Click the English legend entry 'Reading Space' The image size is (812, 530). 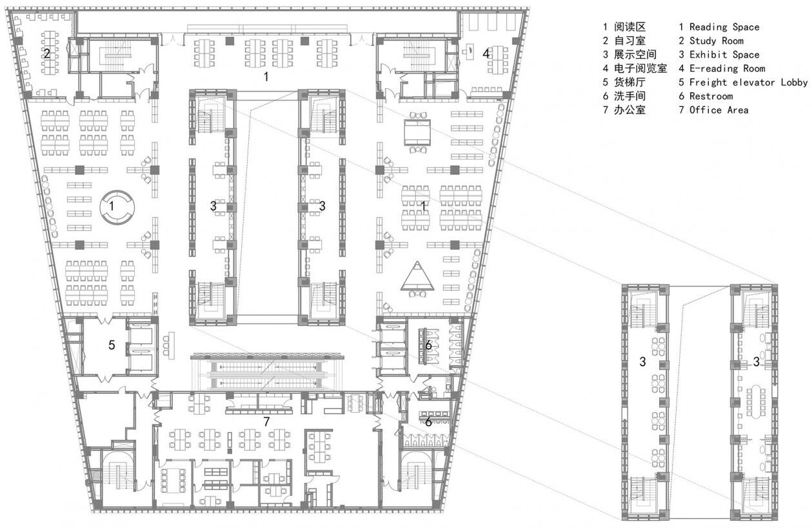pyautogui.click(x=724, y=27)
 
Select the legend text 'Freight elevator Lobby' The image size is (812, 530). pyautogui.click(x=749, y=83)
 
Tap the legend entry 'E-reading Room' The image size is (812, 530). pyautogui.click(x=727, y=68)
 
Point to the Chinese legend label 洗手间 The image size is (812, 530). pyautogui.click(x=629, y=96)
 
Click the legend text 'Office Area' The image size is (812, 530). pyautogui.click(x=719, y=110)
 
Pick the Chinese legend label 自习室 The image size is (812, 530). pyautogui.click(x=629, y=41)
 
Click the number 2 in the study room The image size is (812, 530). pyautogui.click(x=47, y=54)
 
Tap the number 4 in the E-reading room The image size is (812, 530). pyautogui.click(x=486, y=54)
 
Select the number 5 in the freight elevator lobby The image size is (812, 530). pyautogui.click(x=112, y=345)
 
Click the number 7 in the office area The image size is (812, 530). pyautogui.click(x=266, y=422)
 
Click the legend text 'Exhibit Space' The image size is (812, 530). pyautogui.click(x=724, y=55)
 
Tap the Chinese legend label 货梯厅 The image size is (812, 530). pyautogui.click(x=629, y=83)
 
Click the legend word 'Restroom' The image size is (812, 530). pyautogui.click(x=711, y=96)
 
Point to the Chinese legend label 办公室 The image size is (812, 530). pyautogui.click(x=629, y=110)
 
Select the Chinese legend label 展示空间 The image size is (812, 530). pyautogui.click(x=635, y=54)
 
